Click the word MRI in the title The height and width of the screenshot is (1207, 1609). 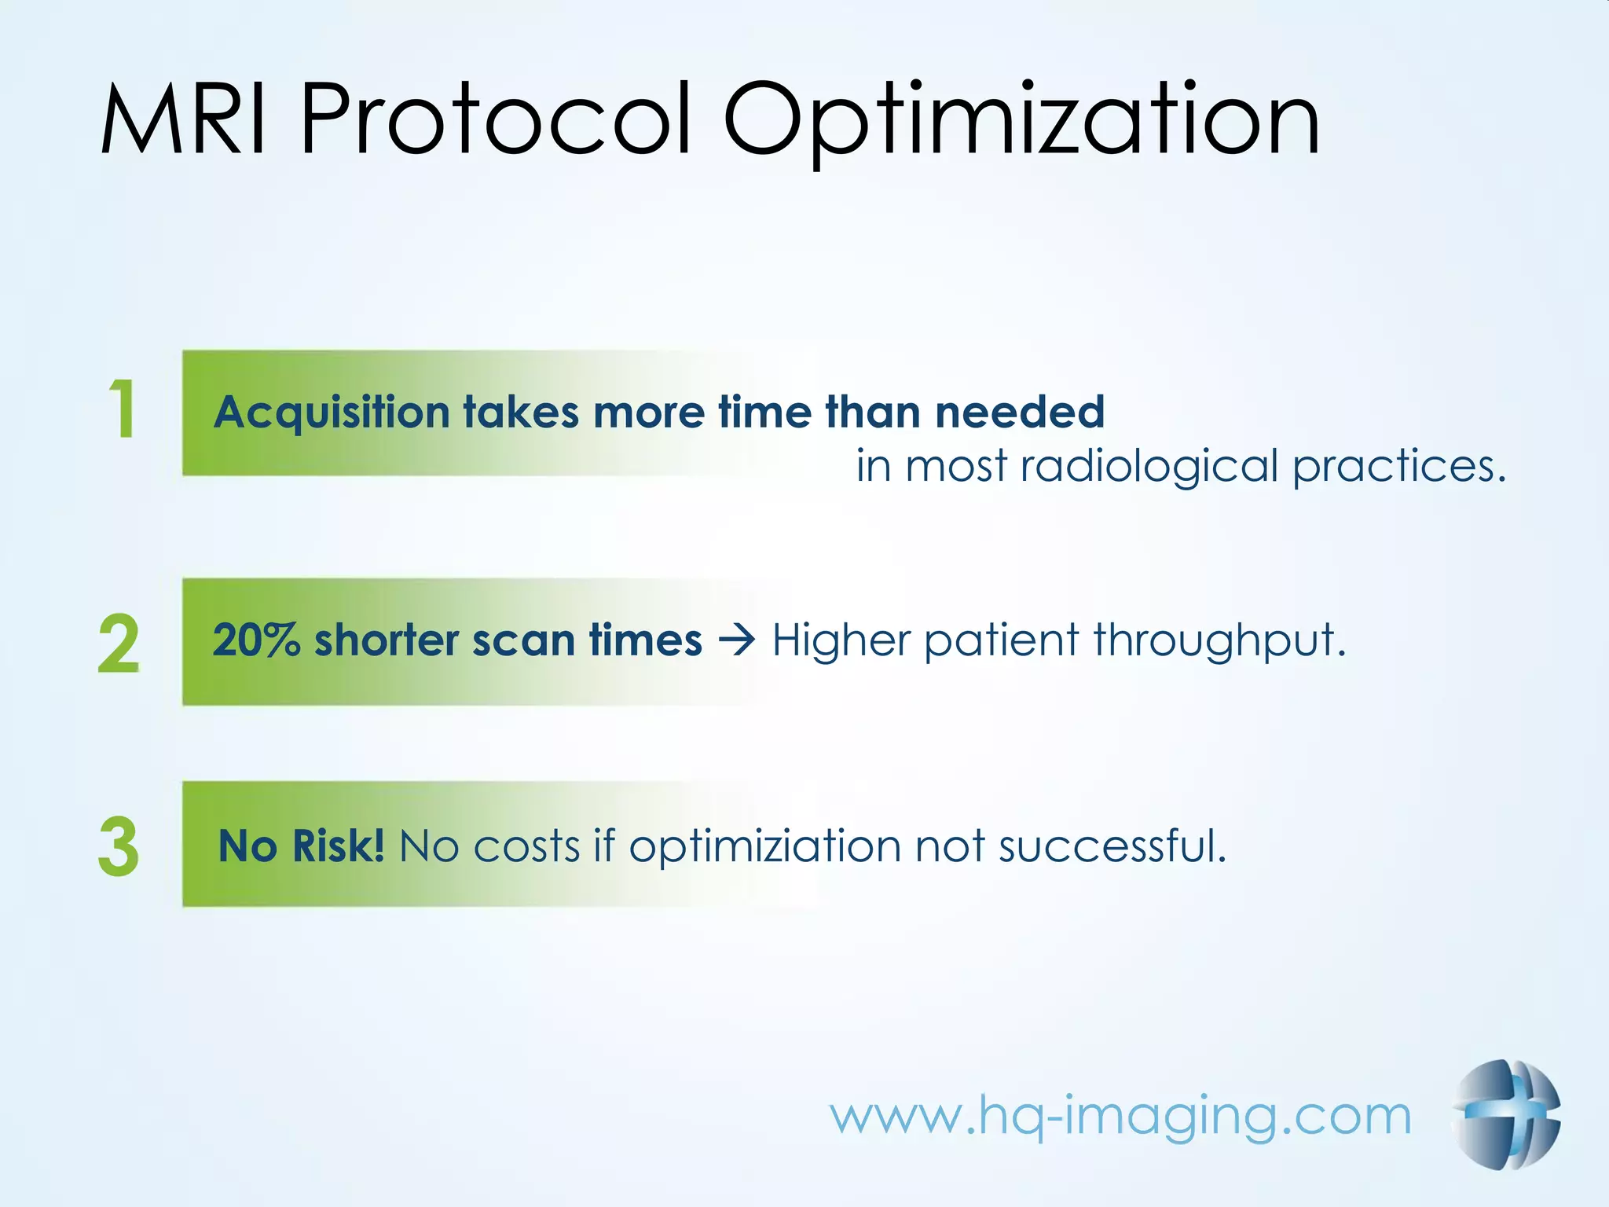pyautogui.click(x=185, y=120)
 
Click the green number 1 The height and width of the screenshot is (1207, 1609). pyautogui.click(x=123, y=409)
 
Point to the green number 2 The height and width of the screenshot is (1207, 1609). pyautogui.click(x=119, y=644)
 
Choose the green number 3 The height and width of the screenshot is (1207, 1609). pyautogui.click(x=119, y=846)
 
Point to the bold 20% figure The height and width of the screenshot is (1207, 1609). pyautogui.click(x=256, y=640)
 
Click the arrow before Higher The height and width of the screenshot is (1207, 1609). pyautogui.click(x=737, y=640)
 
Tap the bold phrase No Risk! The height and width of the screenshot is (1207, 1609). pyautogui.click(x=301, y=846)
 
